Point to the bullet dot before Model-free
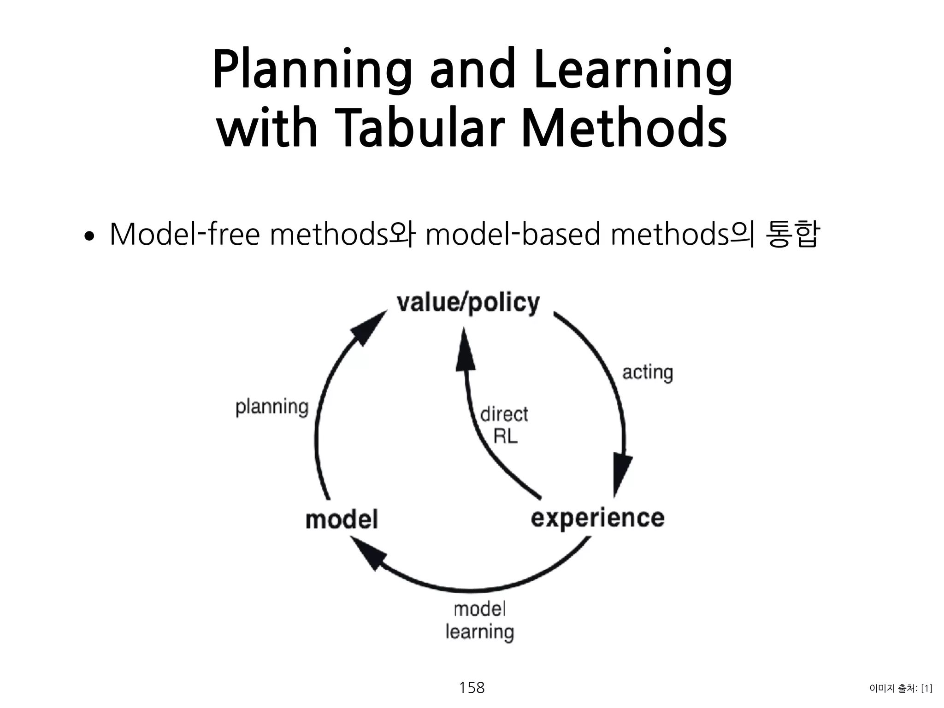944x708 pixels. [x=89, y=237]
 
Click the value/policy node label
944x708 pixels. [x=468, y=303]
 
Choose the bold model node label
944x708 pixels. [x=342, y=519]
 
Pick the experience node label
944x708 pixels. [x=597, y=518]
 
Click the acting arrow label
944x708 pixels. [x=647, y=372]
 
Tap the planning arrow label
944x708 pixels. [x=271, y=407]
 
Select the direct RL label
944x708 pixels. [x=504, y=425]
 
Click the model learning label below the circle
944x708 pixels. [x=479, y=620]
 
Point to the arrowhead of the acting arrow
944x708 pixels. [x=622, y=475]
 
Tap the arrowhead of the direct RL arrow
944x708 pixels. [x=465, y=350]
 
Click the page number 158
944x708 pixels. [x=472, y=688]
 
